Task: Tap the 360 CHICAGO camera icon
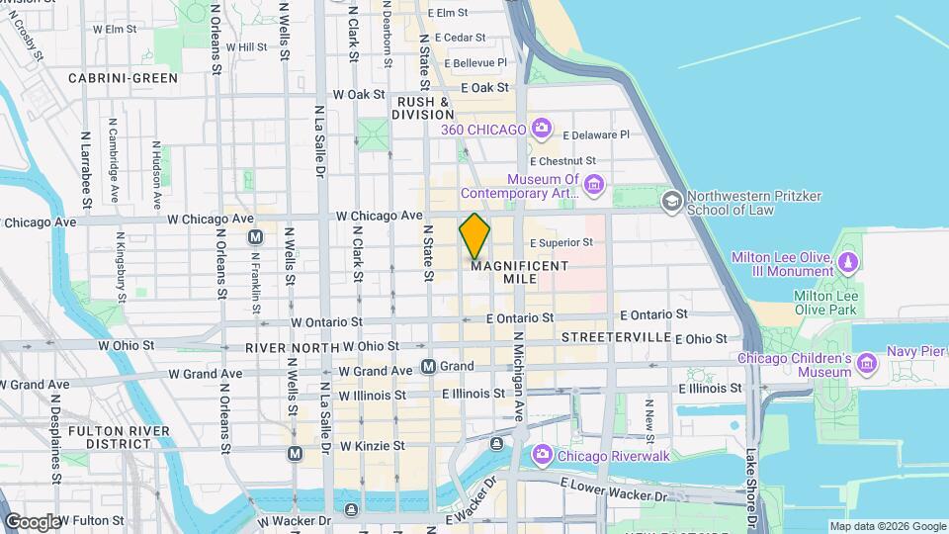[541, 128]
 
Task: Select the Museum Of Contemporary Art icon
[593, 185]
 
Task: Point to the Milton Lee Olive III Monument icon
[848, 264]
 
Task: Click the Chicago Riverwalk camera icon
[542, 455]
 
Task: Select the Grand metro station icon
[428, 367]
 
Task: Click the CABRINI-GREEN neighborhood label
[124, 78]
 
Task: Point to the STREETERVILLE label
[616, 337]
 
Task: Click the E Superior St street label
[561, 242]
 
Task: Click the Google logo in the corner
[32, 521]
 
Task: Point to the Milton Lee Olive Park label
[828, 302]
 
